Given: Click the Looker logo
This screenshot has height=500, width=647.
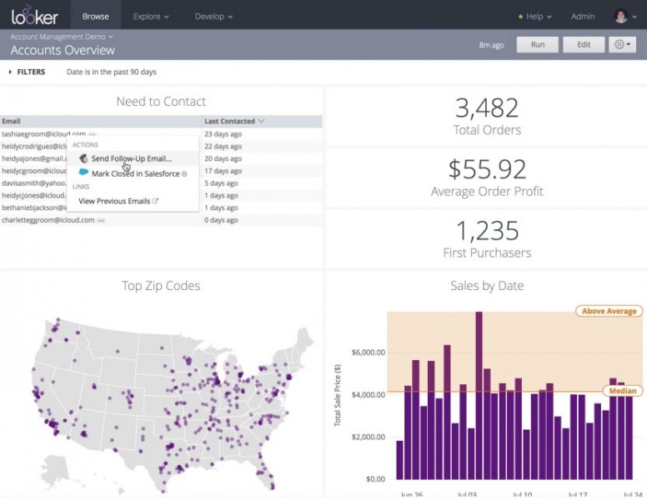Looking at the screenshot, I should (34, 16).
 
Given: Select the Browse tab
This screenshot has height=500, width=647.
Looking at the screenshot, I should (96, 16).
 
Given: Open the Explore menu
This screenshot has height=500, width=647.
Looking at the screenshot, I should (151, 16).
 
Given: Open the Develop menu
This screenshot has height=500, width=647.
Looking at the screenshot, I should (213, 16).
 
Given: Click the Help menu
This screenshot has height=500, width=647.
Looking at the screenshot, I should (534, 16).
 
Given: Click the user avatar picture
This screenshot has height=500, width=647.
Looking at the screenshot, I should (620, 16).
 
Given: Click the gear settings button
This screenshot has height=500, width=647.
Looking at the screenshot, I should (622, 44).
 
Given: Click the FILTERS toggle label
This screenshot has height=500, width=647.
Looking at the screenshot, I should (31, 72).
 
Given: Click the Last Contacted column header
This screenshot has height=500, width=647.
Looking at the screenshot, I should (230, 121).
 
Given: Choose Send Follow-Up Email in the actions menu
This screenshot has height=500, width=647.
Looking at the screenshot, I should (131, 158).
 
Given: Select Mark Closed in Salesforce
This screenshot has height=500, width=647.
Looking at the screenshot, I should (135, 173).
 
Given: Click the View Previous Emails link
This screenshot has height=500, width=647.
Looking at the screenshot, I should (114, 201).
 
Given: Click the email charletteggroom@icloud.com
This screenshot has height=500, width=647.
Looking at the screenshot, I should (48, 220).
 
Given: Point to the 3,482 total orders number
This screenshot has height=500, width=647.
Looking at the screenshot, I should (487, 107).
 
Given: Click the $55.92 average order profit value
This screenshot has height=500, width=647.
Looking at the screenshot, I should (487, 169).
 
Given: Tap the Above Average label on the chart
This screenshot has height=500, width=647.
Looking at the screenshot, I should (608, 311).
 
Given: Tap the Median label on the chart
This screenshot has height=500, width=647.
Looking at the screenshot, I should (621, 391).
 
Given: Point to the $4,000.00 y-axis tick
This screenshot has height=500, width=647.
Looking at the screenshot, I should (364, 394).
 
